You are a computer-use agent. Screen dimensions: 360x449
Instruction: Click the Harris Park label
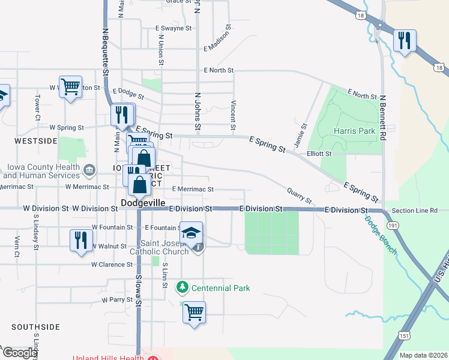tap(354, 131)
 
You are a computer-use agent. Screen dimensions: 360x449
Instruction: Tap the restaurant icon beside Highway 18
tap(405, 41)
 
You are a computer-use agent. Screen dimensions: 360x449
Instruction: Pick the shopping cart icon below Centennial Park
tap(194, 312)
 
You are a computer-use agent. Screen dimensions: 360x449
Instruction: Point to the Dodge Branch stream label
tap(380, 235)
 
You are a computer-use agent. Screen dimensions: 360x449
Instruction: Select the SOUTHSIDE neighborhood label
tap(35, 327)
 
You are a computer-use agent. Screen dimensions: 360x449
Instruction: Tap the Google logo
tap(20, 353)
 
